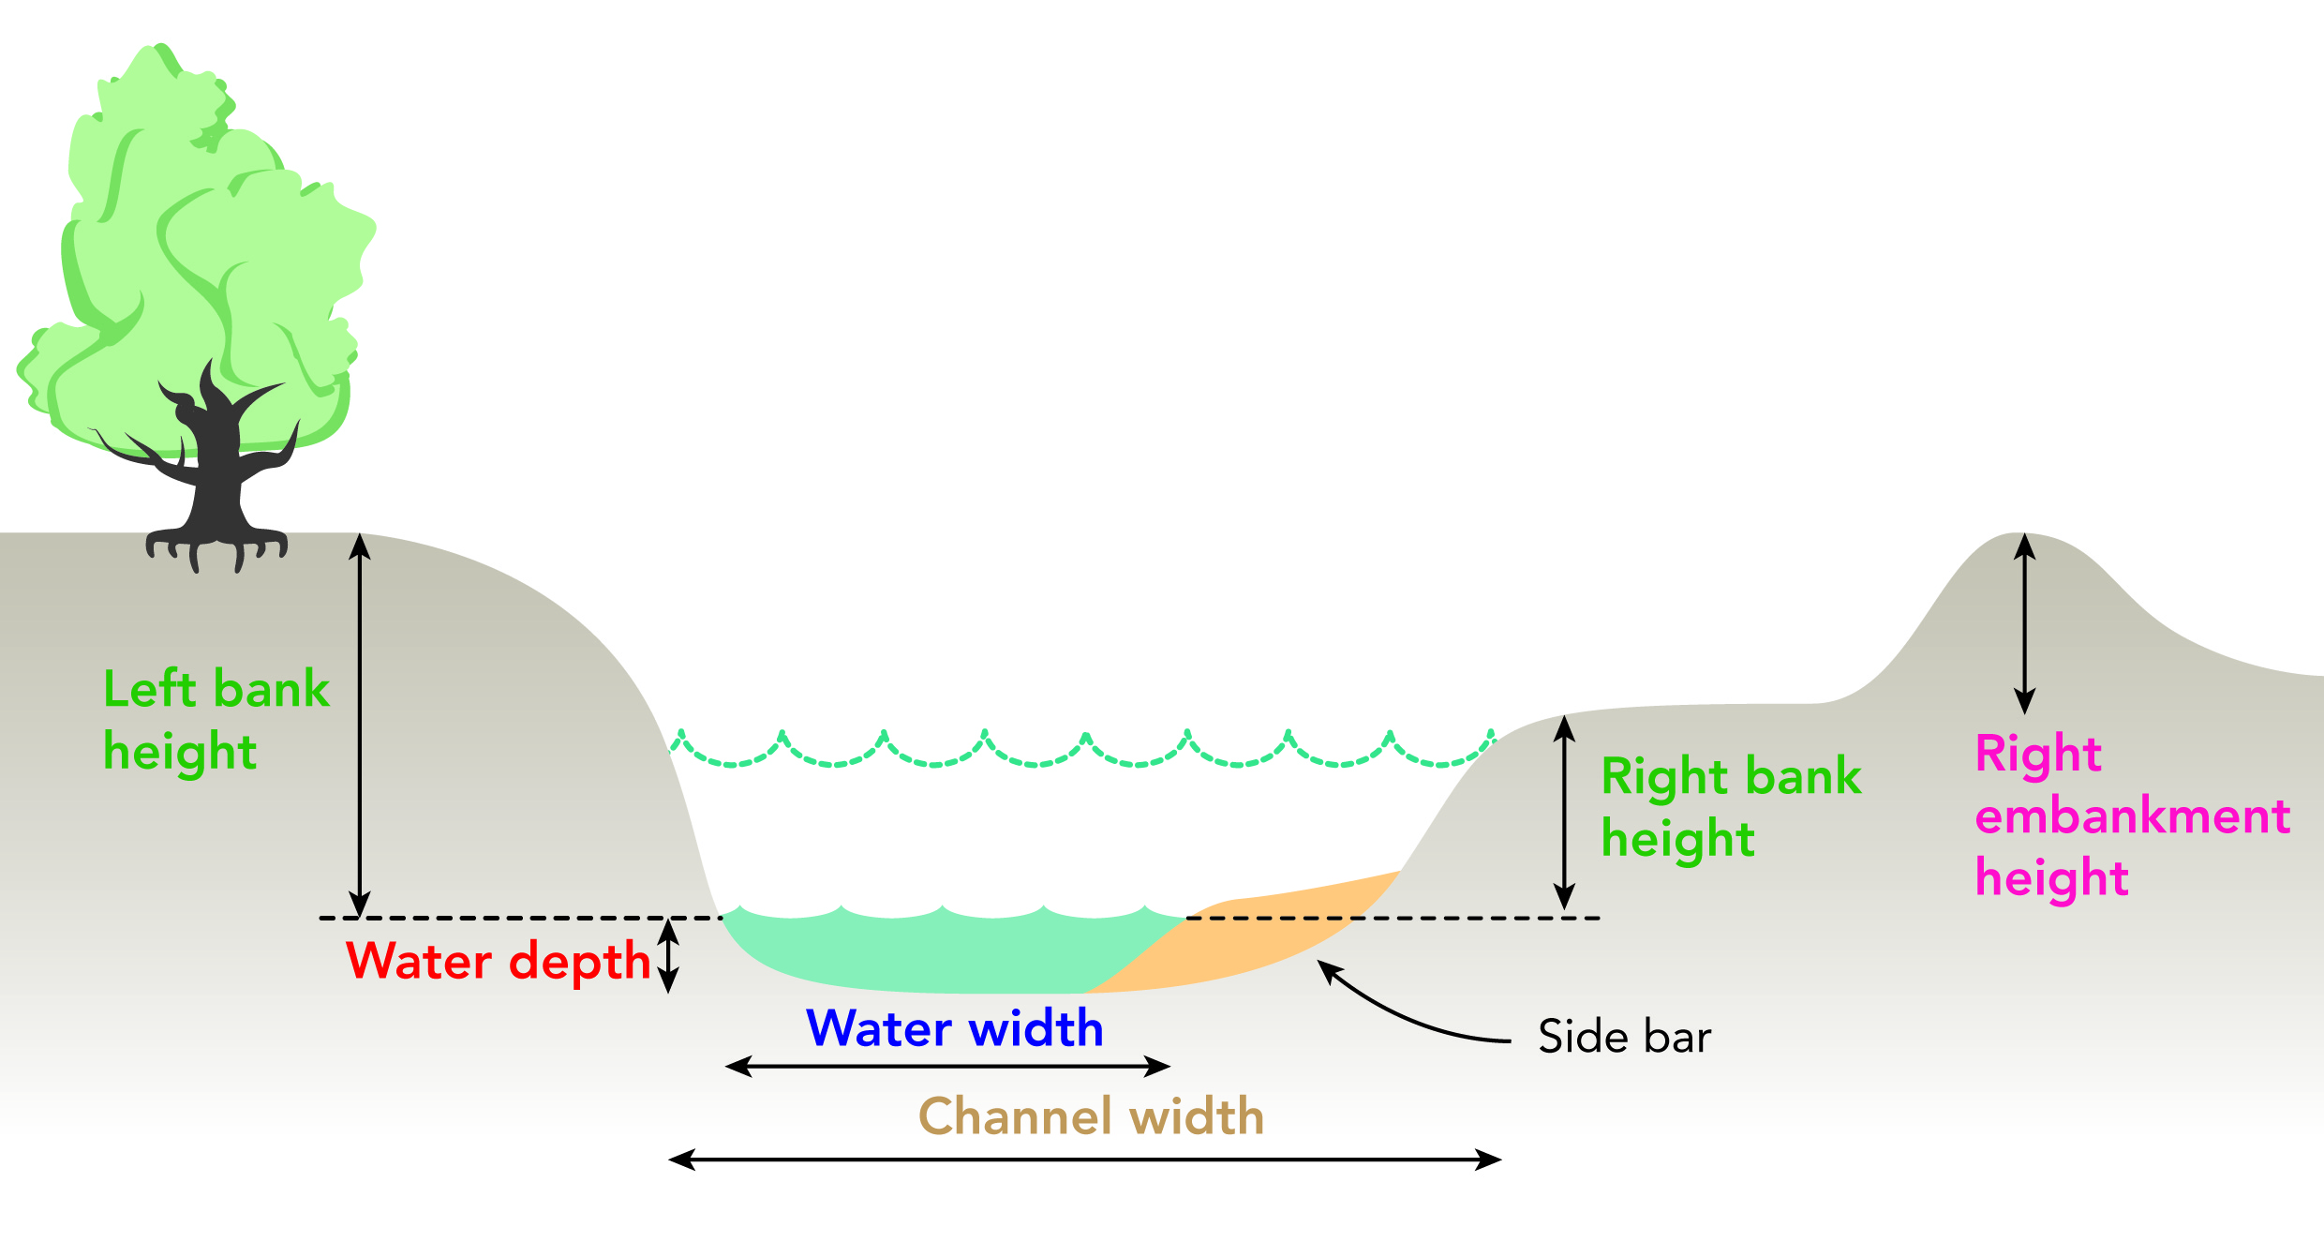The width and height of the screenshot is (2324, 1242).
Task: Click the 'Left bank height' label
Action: click(216, 720)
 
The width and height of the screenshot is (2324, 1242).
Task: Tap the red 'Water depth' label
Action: click(498, 962)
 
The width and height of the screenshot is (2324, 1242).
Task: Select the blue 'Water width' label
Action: click(955, 1028)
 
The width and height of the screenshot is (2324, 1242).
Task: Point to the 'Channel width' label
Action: click(1091, 1116)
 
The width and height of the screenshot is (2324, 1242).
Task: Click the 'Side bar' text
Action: click(1624, 1038)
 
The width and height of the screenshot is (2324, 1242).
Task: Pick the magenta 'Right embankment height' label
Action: click(2132, 816)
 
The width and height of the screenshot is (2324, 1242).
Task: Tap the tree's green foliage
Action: click(187, 234)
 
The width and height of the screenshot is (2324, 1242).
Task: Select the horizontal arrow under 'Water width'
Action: click(947, 1067)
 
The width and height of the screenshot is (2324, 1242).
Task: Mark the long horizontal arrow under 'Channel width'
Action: click(1084, 1160)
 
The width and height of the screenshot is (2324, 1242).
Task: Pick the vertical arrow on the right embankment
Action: click(2025, 624)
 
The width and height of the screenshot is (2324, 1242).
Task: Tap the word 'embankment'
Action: click(2132, 816)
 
